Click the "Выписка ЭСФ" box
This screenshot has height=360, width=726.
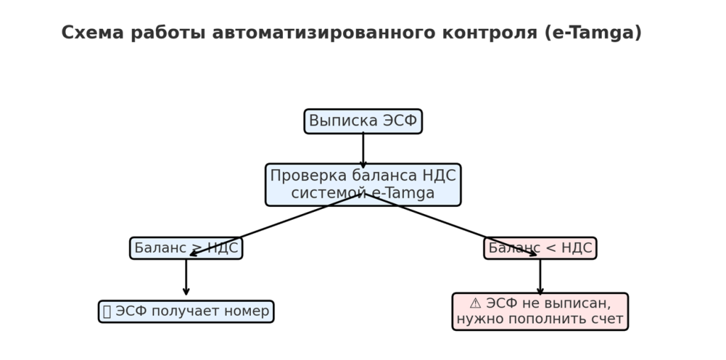(363, 121)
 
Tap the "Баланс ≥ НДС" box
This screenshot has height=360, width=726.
(186, 248)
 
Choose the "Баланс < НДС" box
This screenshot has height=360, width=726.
(540, 248)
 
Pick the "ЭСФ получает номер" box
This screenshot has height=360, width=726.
(186, 311)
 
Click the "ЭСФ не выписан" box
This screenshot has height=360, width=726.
(540, 311)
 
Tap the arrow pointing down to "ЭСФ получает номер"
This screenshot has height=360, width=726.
(186, 278)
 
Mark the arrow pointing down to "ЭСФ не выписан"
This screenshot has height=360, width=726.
(540, 276)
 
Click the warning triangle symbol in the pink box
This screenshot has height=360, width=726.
(476, 303)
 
